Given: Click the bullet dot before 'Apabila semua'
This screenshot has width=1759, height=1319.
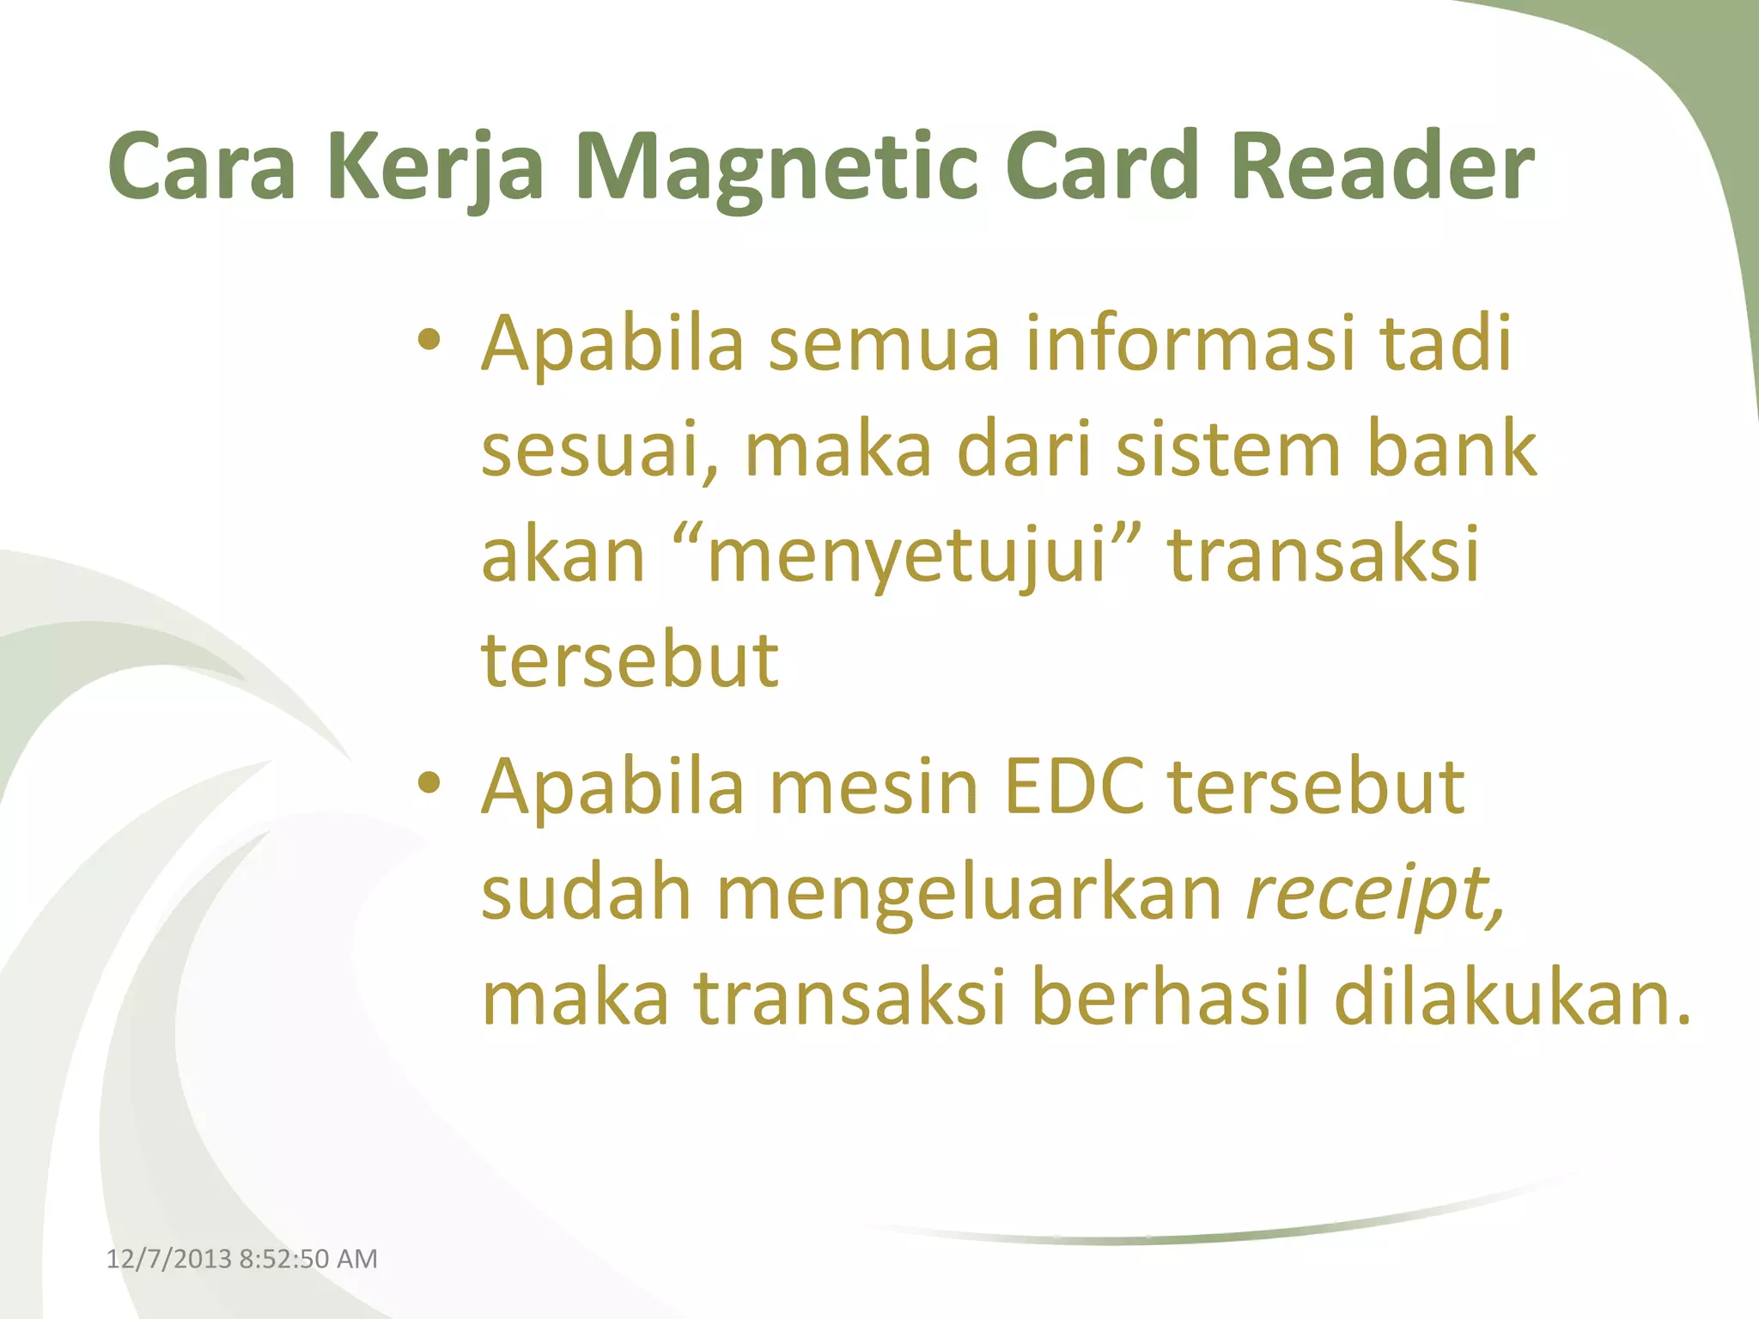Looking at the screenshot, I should click(429, 341).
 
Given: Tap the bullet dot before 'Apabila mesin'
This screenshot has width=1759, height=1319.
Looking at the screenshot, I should click(429, 783).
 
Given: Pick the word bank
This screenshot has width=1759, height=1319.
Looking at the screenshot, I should click(1452, 450).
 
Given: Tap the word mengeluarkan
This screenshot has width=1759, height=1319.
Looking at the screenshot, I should click(970, 893).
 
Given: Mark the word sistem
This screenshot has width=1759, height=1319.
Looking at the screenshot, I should click(1228, 450).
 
